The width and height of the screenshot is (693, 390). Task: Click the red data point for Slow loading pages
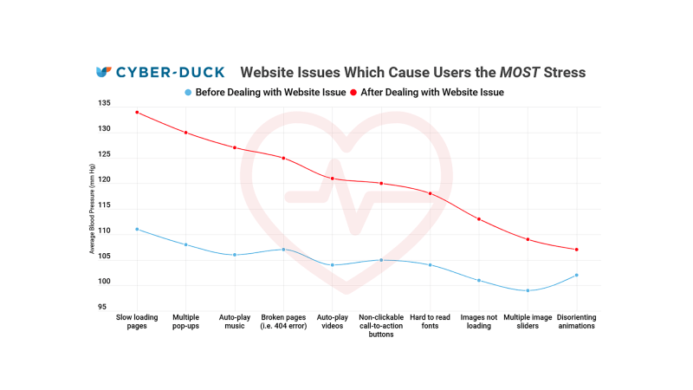(137, 112)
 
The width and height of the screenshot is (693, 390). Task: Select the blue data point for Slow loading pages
(137, 229)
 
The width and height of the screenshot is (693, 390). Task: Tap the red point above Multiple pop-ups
(185, 133)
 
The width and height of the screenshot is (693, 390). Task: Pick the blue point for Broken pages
(283, 250)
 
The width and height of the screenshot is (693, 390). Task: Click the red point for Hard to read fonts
(431, 193)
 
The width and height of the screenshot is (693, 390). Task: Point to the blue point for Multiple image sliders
(528, 290)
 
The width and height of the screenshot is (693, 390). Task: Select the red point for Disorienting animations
(577, 250)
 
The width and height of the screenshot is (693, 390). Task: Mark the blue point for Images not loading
(479, 280)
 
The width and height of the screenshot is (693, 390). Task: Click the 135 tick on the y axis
(105, 104)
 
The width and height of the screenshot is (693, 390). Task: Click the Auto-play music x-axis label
(234, 322)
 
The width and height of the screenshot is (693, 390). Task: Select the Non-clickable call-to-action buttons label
(381, 326)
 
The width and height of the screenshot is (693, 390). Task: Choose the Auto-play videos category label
(332, 322)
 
